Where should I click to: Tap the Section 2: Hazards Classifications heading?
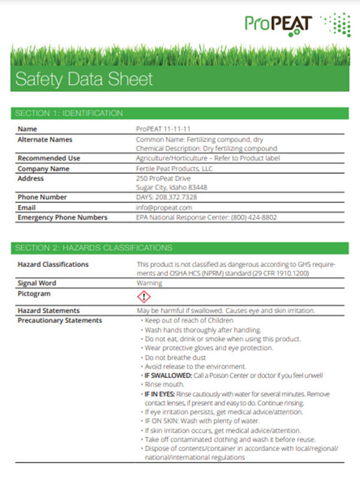coord(94,248)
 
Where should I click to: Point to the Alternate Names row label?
coord(45,139)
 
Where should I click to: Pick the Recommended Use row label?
coord(49,158)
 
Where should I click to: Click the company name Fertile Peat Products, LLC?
coord(175,169)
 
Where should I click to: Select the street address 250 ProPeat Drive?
coord(163,178)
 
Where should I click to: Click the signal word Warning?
coord(149,283)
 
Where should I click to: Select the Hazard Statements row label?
coord(49,311)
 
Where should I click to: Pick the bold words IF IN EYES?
coord(158,394)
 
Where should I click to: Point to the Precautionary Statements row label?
coord(60,320)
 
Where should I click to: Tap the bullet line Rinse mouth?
coord(159,385)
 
